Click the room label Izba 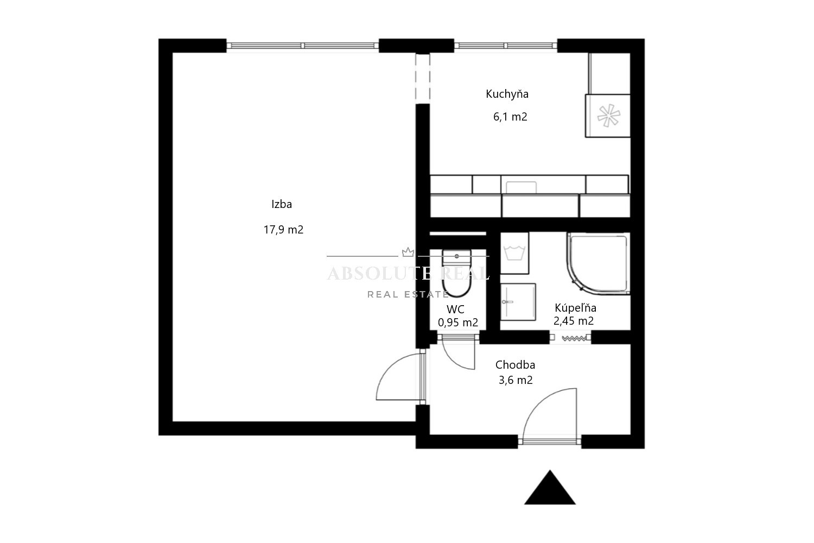[x=282, y=204]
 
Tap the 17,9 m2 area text [x=283, y=230]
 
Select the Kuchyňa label [x=507, y=94]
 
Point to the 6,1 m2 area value [x=510, y=117]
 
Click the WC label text [x=455, y=310]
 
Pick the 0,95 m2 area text [x=458, y=323]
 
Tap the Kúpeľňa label [x=576, y=308]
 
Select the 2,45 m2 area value [x=574, y=321]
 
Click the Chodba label [x=515, y=365]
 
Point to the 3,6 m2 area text [x=516, y=380]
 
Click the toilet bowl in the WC [x=457, y=273]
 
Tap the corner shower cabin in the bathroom [x=598, y=263]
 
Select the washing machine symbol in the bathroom [x=514, y=253]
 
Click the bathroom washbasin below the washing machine [x=518, y=302]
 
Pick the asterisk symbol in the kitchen [x=609, y=116]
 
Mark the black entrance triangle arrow [x=550, y=488]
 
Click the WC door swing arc [x=454, y=360]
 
